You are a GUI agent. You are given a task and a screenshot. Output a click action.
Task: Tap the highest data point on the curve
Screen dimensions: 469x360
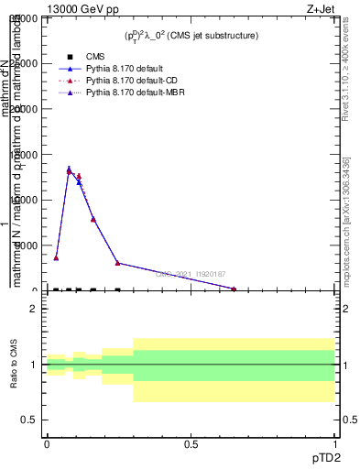click(x=69, y=170)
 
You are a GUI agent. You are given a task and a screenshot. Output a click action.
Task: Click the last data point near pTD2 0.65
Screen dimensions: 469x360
click(x=234, y=289)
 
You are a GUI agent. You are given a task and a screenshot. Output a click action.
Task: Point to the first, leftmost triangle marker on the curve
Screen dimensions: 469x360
click(x=56, y=257)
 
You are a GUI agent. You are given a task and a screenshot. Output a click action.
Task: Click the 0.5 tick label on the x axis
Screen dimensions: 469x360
click(x=191, y=444)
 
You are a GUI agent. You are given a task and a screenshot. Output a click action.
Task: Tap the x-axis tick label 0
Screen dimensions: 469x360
click(x=47, y=444)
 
